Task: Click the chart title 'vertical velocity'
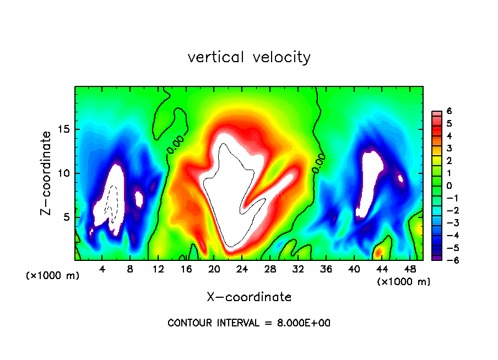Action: tap(249, 57)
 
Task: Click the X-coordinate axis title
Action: tap(249, 297)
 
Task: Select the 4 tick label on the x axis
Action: tap(102, 269)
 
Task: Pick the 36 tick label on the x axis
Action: tap(326, 269)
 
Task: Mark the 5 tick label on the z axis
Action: tap(66, 217)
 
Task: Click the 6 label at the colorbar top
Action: tap(449, 111)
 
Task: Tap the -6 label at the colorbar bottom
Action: tap(447, 260)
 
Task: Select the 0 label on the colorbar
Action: tap(449, 186)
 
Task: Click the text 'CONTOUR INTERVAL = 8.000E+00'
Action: tap(249, 323)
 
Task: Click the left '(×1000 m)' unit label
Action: tap(53, 275)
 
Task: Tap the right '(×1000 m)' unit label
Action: tap(404, 281)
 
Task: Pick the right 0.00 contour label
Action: tap(318, 163)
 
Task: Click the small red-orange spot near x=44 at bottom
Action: tap(378, 253)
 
